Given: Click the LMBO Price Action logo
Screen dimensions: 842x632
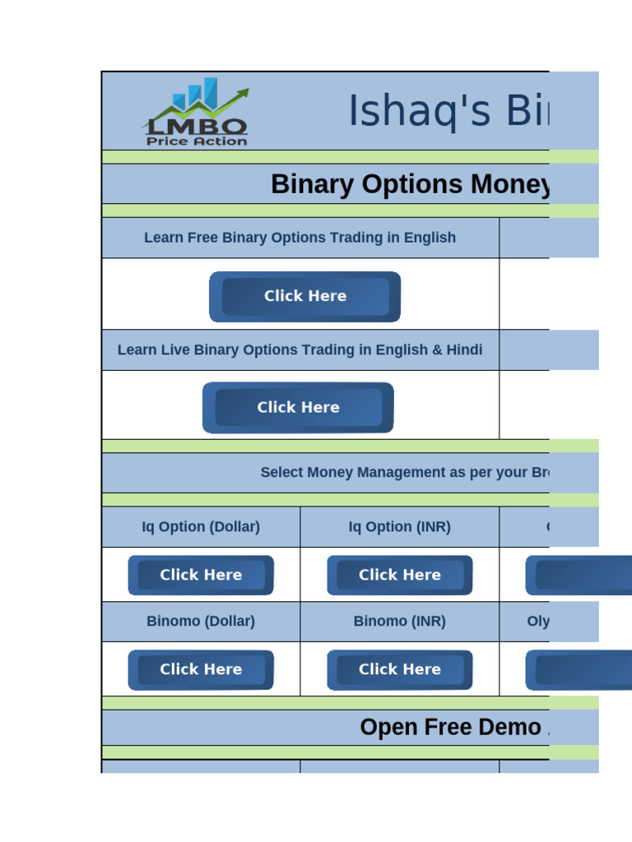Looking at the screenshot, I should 196,113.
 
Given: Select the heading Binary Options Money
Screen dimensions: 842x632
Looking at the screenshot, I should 410,184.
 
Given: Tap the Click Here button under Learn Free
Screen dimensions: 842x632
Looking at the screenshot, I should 304,296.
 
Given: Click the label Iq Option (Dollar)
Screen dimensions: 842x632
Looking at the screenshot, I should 201,527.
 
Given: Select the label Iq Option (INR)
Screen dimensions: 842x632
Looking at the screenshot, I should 400,527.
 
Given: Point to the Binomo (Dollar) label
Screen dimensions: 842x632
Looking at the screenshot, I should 201,622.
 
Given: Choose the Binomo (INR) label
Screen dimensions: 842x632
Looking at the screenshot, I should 400,622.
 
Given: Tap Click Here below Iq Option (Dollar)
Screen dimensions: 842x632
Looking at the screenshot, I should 201,575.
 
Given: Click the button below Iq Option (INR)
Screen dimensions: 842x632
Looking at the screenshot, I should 400,575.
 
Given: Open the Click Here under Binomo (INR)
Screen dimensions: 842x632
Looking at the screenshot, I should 400,669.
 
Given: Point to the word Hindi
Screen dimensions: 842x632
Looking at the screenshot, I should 464,349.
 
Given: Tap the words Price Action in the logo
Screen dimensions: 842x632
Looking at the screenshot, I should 197,141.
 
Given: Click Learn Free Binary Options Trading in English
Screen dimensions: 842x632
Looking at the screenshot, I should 300,238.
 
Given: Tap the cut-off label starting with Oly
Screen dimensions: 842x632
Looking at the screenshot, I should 538,622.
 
